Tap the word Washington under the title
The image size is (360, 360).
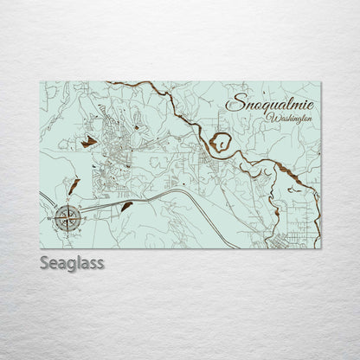[x=289, y=118]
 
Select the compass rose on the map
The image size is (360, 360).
[x=67, y=217]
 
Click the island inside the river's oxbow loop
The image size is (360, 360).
[x=222, y=141]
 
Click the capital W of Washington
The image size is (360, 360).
[x=272, y=117]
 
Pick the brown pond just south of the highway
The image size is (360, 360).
[x=126, y=206]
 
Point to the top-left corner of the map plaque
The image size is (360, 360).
[x=41, y=82]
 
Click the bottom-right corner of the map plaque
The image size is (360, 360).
[x=320, y=247]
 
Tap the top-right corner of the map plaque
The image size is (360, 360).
[x=320, y=82]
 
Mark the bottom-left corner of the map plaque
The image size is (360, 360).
[x=41, y=247]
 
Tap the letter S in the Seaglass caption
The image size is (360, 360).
[x=45, y=262]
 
